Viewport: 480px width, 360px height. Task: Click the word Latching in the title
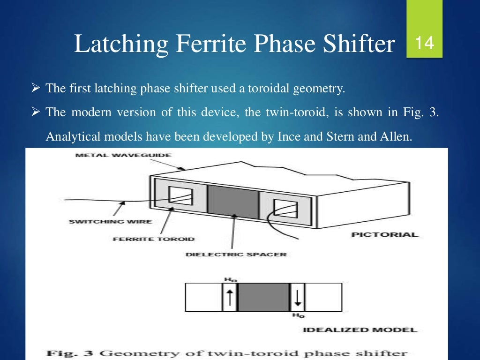pyautogui.click(x=120, y=44)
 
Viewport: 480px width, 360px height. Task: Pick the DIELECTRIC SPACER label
pyautogui.click(x=236, y=255)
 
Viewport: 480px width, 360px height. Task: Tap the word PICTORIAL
pyautogui.click(x=384, y=234)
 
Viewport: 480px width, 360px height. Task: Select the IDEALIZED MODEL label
pyautogui.click(x=360, y=330)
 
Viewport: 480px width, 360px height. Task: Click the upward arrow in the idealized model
pyautogui.click(x=230, y=297)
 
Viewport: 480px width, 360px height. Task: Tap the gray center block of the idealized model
pyautogui.click(x=264, y=297)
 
